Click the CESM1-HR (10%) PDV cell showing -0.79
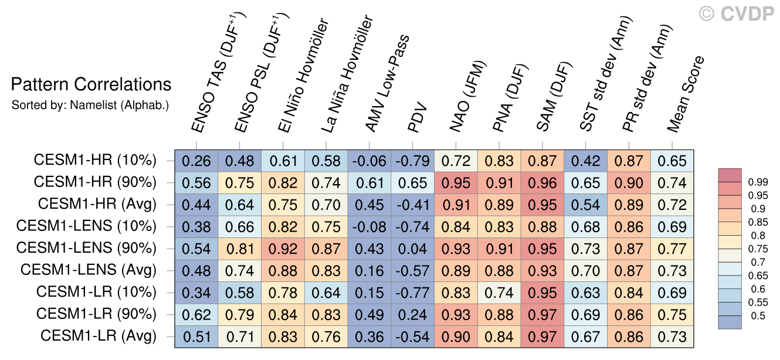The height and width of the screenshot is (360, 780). pos(413,160)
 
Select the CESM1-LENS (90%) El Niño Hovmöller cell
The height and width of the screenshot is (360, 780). pos(283,249)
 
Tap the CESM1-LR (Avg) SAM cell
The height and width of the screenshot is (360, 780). pos(542,337)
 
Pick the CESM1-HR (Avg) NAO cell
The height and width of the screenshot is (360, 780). pos(456,205)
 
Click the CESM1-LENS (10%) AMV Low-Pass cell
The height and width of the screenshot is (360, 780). pos(369,226)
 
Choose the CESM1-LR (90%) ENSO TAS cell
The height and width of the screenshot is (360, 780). pos(196,315)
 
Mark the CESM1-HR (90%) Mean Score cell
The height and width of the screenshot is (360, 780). pos(672,182)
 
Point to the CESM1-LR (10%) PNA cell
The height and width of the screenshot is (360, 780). pos(500,293)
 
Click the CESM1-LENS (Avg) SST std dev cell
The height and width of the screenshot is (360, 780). pos(586,271)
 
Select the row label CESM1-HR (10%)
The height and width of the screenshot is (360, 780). pos(95,160)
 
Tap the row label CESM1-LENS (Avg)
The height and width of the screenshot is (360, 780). pos(88,271)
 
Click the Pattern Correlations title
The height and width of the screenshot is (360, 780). pos(91,85)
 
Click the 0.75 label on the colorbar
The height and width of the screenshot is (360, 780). pos(756,249)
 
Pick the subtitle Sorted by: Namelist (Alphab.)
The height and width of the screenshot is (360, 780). pos(90,106)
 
